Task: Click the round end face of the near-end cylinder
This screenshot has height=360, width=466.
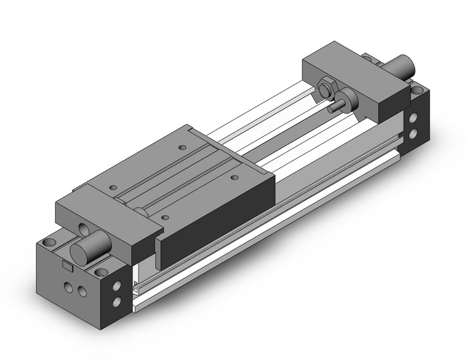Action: (x=82, y=253)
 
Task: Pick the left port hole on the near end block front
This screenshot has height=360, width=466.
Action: (x=68, y=287)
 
